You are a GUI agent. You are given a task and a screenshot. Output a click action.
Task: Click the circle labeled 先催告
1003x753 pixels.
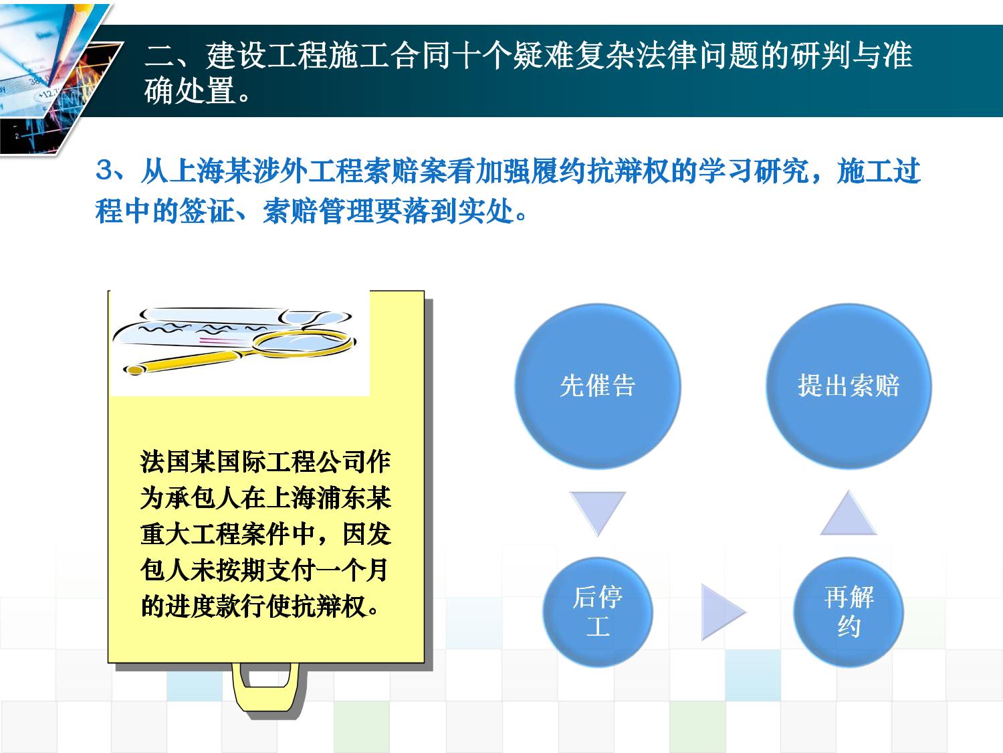click(598, 386)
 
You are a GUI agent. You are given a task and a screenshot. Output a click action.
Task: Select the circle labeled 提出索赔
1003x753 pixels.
click(849, 386)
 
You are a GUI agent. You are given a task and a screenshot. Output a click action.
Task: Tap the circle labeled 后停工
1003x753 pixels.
click(598, 612)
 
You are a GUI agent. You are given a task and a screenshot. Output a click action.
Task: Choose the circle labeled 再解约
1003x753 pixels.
click(849, 612)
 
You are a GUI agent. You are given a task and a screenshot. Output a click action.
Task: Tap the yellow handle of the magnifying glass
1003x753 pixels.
click(187, 361)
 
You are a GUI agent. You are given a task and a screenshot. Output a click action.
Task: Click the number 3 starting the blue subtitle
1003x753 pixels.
click(104, 171)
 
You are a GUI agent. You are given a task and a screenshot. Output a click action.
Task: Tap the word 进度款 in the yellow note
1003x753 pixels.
click(203, 606)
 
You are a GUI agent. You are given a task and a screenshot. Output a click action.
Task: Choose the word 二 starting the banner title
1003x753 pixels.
click(158, 56)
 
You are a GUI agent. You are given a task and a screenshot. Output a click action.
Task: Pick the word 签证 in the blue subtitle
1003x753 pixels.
click(208, 212)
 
